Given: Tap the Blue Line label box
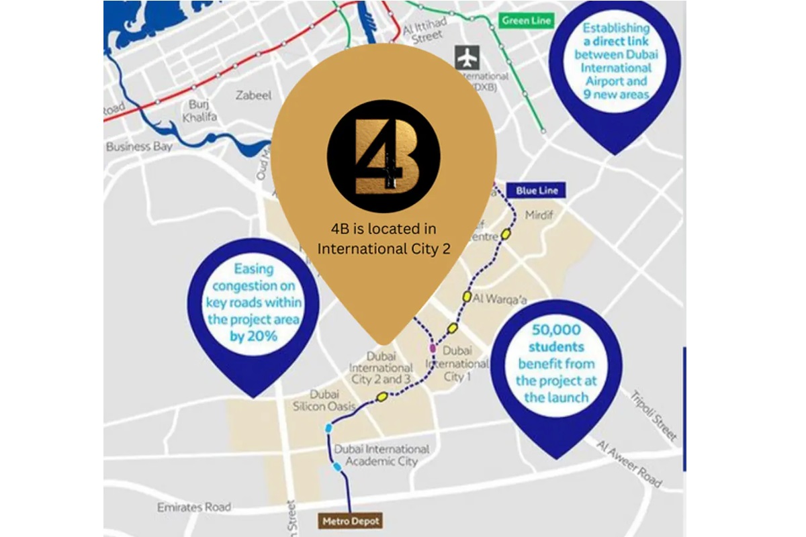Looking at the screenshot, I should pos(537,191).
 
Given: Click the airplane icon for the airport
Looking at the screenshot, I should pos(465,57).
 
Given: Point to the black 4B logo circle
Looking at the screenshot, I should pos(384,156).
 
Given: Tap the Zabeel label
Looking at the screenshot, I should pos(254,95).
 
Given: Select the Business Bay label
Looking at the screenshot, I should pos(139,146).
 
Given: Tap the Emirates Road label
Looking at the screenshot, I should pos(193,507).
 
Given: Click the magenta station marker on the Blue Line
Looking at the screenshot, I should pos(432,349).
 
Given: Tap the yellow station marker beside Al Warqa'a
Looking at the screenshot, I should pos(466,296).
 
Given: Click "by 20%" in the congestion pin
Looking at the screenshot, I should pos(253,336).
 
